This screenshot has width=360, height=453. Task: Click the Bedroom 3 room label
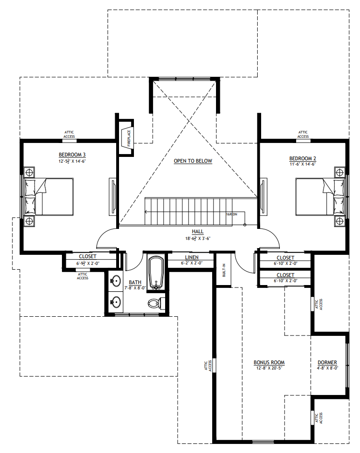pyautogui.click(x=72, y=155)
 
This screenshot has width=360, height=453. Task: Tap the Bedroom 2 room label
pyautogui.click(x=303, y=159)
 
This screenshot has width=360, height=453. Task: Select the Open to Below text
pyautogui.click(x=193, y=161)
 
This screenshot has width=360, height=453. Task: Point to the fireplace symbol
pyautogui.click(x=127, y=138)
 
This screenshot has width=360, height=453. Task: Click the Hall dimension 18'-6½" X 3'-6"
pyautogui.click(x=198, y=238)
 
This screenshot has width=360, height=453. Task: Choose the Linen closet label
pyautogui.click(x=192, y=257)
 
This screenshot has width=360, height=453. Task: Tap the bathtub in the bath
pyautogui.click(x=156, y=272)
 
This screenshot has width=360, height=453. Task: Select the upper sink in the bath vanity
pyautogui.click(x=116, y=281)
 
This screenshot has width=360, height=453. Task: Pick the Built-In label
pyautogui.click(x=224, y=271)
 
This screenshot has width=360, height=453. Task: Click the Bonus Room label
pyautogui.click(x=269, y=362)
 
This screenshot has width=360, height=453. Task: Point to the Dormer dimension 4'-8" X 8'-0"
pyautogui.click(x=327, y=368)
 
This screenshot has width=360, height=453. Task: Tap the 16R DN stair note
pyautogui.click(x=232, y=215)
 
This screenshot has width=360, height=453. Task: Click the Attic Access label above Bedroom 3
pyautogui.click(x=69, y=134)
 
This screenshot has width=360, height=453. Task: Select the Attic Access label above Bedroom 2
pyautogui.click(x=303, y=134)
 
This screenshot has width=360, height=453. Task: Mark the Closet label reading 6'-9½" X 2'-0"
pyautogui.click(x=87, y=263)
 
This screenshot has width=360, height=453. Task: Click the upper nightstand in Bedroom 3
pyautogui.click(x=29, y=172)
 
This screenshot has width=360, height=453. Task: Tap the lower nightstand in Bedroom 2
pyautogui.click(x=340, y=221)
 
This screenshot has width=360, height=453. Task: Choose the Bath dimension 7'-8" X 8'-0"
pyautogui.click(x=135, y=288)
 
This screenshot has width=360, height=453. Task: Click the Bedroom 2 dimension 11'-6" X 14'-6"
pyautogui.click(x=303, y=164)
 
